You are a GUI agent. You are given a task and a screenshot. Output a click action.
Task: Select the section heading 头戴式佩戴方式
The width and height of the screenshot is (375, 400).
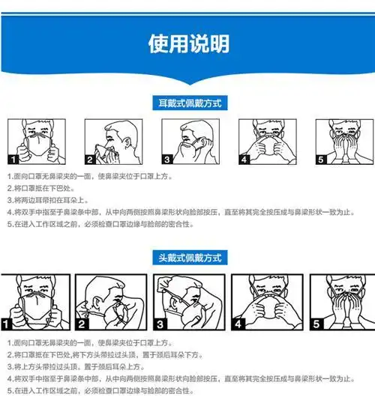(187, 258)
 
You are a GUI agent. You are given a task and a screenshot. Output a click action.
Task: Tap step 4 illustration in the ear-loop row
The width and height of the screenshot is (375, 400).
(262, 141)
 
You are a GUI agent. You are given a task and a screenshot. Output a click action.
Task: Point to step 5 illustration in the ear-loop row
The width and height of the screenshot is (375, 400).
(338, 141)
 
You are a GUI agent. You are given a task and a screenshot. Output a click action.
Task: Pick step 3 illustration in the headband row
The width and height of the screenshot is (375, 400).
(187, 303)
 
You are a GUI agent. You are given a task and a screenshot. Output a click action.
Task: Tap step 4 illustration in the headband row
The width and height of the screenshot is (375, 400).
(264, 303)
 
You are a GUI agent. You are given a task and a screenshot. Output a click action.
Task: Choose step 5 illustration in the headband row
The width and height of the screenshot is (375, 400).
(339, 303)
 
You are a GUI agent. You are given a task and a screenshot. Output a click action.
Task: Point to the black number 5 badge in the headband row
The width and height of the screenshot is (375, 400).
(317, 324)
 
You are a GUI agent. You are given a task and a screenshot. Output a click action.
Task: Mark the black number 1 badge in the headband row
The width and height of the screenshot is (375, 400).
(7, 324)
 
